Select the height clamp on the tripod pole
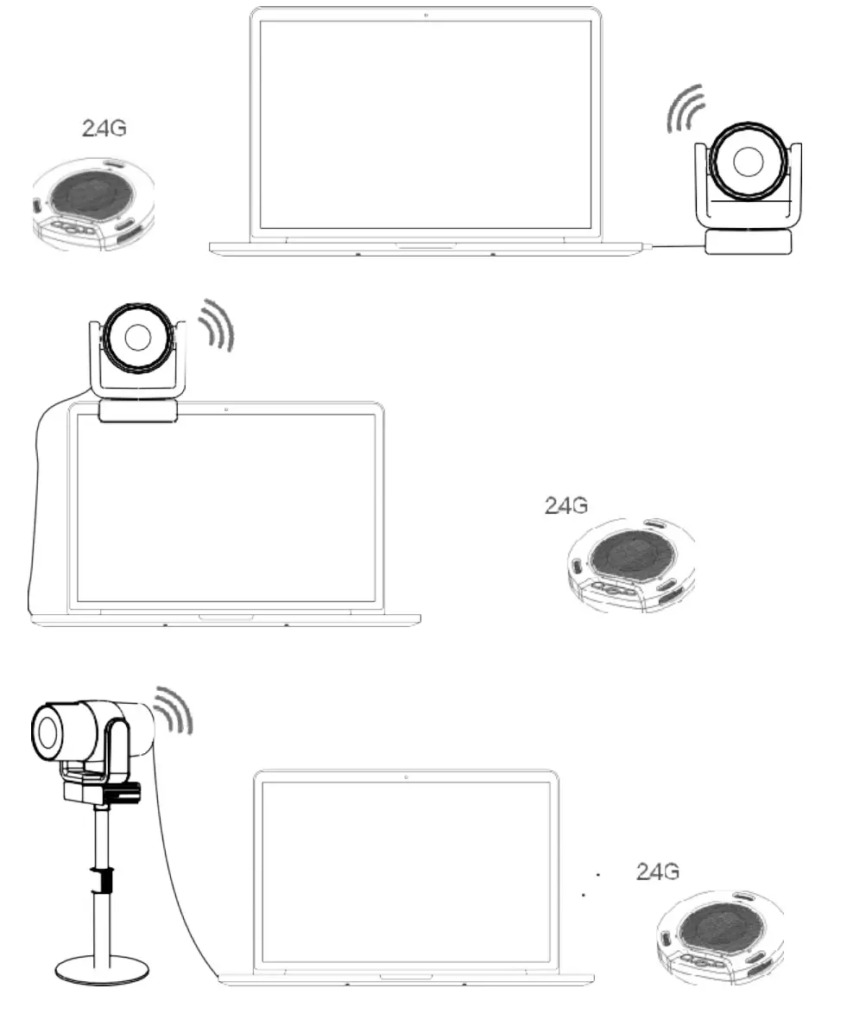click(x=103, y=880)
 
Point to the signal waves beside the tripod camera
click(x=174, y=709)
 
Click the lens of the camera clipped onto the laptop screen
click(x=136, y=338)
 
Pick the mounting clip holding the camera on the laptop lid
click(x=138, y=411)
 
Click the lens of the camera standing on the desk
click(x=749, y=162)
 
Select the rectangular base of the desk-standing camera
click(x=749, y=242)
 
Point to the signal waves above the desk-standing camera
click(x=686, y=111)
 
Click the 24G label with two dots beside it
click(x=657, y=871)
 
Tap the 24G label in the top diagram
click(x=104, y=128)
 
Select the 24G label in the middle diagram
click(x=566, y=506)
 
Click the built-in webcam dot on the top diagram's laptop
click(x=427, y=15)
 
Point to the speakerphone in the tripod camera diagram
click(x=720, y=936)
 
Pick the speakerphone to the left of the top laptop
click(x=92, y=204)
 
